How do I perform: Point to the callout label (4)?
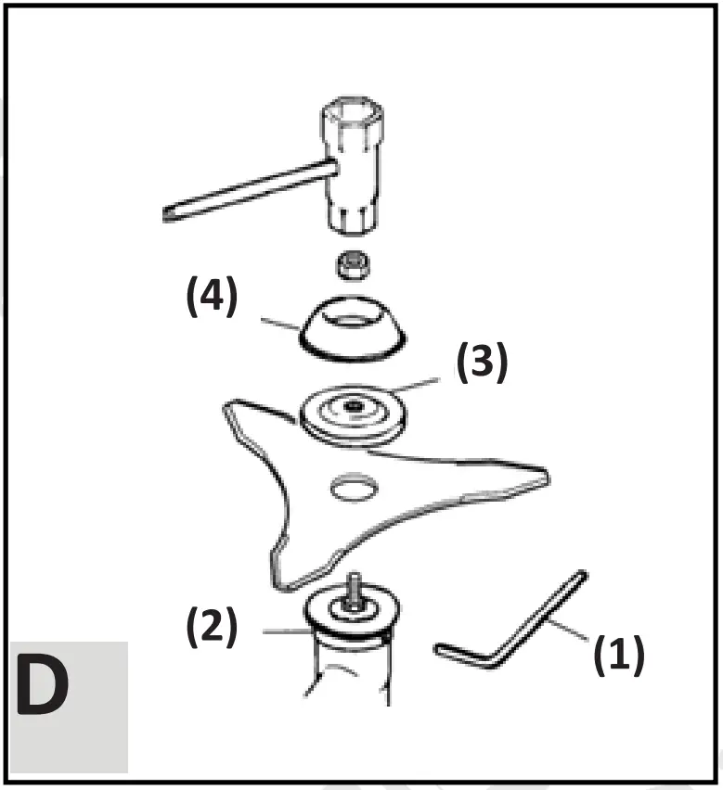212,300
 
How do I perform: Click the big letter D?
43,688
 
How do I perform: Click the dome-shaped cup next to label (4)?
349,329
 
